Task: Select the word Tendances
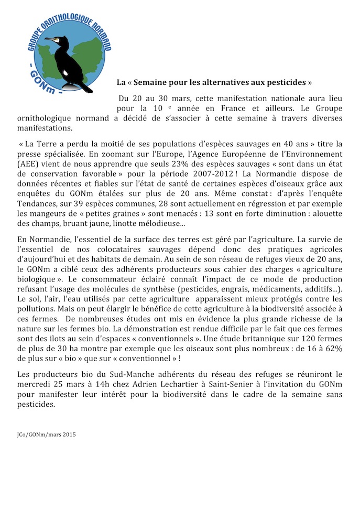pyautogui.click(x=38, y=201)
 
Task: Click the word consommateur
pyautogui.click(x=101, y=284)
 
